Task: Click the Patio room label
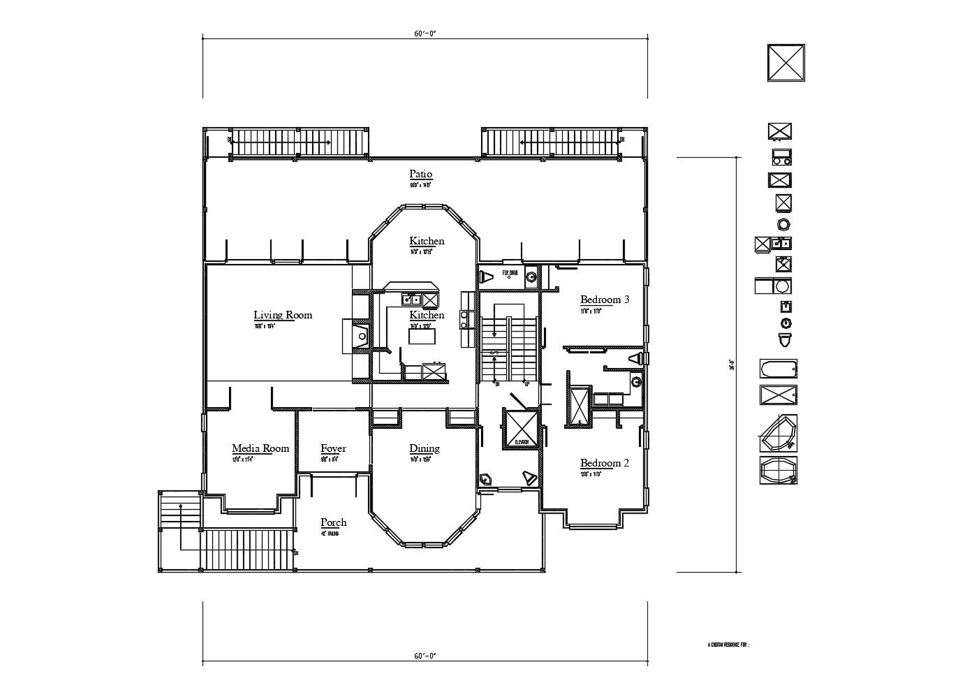click(x=420, y=174)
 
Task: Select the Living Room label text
click(x=283, y=315)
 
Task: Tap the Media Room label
click(x=260, y=448)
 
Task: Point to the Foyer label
click(x=333, y=448)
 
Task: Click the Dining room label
click(x=425, y=448)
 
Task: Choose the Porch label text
click(x=333, y=522)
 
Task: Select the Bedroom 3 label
click(x=605, y=300)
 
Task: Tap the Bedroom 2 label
click(x=605, y=463)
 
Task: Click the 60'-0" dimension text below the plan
click(x=425, y=656)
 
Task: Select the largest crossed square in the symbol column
click(x=787, y=64)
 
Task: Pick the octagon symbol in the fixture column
click(x=784, y=224)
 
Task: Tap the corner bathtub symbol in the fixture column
click(x=778, y=434)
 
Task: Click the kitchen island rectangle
click(x=422, y=337)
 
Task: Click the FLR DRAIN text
click(x=510, y=273)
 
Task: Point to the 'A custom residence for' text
click(x=728, y=645)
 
